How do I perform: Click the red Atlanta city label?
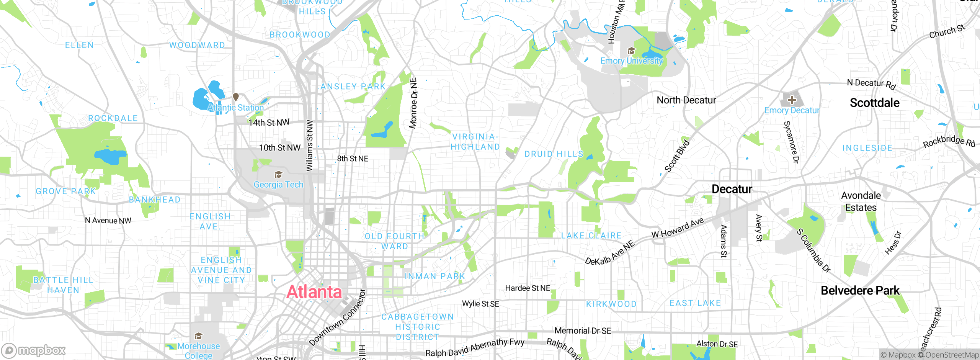pos(314,292)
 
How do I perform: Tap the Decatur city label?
pos(732,189)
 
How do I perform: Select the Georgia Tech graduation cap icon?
pos(278,175)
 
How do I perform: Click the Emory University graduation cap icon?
pos(631,51)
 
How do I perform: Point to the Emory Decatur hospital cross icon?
pos(792,100)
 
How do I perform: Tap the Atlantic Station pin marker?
pos(236,97)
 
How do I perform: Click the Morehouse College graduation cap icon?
pos(198,336)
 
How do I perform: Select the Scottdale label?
pos(874,103)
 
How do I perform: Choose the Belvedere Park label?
pos(860,291)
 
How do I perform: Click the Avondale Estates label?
pos(861,201)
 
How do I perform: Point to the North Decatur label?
pos(686,100)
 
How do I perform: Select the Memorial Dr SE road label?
pos(583,331)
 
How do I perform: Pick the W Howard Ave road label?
pos(678,228)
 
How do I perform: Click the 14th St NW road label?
pos(269,123)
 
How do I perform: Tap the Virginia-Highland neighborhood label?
pos(475,142)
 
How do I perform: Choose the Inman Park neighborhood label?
pos(435,276)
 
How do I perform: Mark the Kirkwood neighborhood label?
pos(611,304)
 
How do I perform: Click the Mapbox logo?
pos(34,350)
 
